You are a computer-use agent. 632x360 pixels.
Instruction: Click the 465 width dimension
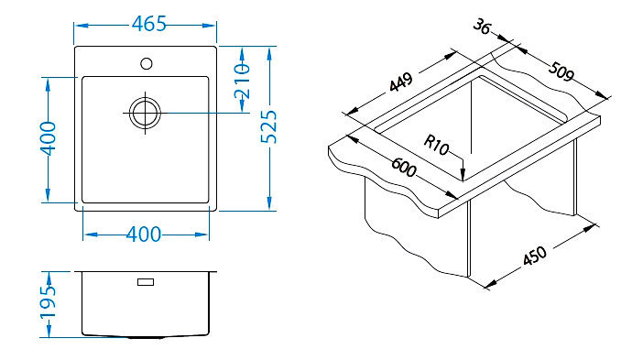tap(148, 24)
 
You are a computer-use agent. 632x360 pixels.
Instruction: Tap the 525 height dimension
tap(269, 126)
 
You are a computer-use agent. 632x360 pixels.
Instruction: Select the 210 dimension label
tap(242, 81)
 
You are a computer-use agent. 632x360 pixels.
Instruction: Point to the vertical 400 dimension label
tap(48, 138)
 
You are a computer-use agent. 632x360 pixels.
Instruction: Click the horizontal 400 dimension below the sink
tap(144, 235)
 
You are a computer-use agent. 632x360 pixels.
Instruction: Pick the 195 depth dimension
tap(48, 302)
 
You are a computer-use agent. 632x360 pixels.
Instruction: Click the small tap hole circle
tap(147, 63)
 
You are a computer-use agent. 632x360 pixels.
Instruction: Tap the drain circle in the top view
tap(145, 113)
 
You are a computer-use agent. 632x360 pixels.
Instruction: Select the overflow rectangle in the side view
tap(146, 282)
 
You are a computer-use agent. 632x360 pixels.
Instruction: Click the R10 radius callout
tap(436, 145)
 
